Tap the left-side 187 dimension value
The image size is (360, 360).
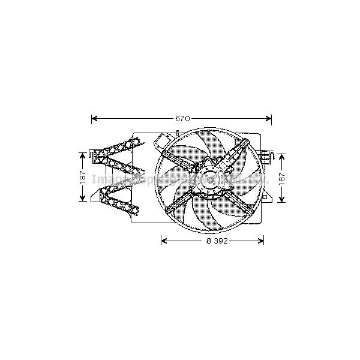point(83,178)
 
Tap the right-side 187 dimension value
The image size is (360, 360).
point(283,178)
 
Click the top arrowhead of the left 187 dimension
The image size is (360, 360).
point(83,155)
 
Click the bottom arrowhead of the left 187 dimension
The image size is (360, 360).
point(83,199)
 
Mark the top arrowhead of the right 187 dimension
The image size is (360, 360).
point(283,155)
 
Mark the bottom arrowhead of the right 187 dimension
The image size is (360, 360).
point(283,199)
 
